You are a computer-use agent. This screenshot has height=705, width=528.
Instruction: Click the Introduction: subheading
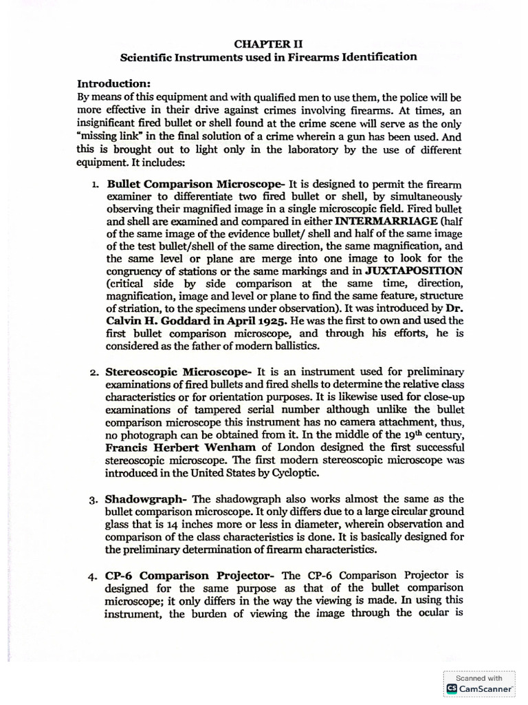(118, 83)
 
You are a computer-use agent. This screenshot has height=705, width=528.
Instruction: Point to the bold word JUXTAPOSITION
(414, 271)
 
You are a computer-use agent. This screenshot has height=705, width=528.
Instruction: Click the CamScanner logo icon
(452, 688)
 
